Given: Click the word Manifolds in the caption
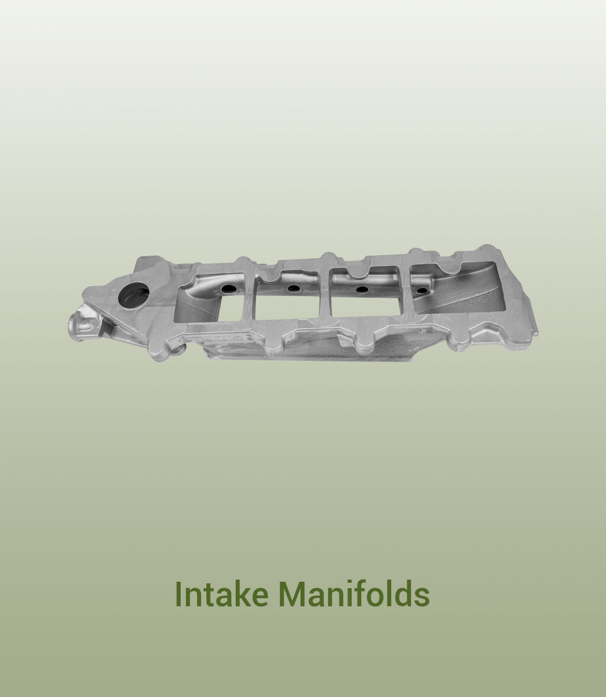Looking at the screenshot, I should [x=354, y=594].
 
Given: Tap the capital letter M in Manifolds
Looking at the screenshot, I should [x=293, y=594].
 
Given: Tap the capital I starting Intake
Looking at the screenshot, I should [x=178, y=594].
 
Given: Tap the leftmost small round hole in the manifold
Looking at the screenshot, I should [x=228, y=289].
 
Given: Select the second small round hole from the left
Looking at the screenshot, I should [x=293, y=289].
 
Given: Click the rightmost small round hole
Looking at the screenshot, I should [x=422, y=291].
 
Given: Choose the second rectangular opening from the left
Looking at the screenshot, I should [x=287, y=302].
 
